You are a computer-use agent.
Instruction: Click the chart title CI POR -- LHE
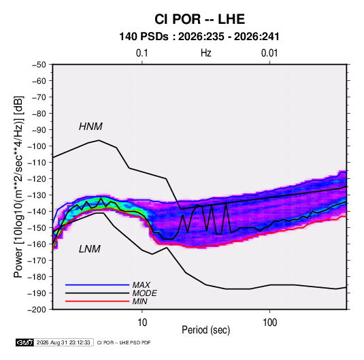click(199, 19)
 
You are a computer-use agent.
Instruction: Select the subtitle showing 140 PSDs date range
click(199, 37)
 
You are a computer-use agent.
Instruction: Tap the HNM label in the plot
click(90, 127)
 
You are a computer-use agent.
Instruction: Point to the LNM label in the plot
click(90, 249)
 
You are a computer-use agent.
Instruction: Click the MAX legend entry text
click(141, 285)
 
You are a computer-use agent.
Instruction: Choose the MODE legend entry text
click(145, 293)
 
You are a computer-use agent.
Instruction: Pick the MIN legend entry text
click(139, 301)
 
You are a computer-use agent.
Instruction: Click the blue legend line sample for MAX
click(97, 284)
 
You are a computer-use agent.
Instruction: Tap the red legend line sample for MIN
click(97, 301)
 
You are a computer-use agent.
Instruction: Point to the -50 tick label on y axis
click(39, 65)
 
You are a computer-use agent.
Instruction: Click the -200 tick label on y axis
click(37, 310)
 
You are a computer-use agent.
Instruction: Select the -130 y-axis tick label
click(37, 195)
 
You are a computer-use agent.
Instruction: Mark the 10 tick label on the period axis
click(142, 323)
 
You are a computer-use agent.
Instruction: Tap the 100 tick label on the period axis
click(269, 323)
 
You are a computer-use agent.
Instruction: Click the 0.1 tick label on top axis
click(142, 53)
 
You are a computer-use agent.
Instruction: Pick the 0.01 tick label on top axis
click(269, 53)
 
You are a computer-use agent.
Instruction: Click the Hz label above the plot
click(206, 53)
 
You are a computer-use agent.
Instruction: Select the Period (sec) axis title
click(206, 330)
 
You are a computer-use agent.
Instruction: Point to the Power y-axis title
click(18, 187)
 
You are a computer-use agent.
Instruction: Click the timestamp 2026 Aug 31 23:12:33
click(63, 342)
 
